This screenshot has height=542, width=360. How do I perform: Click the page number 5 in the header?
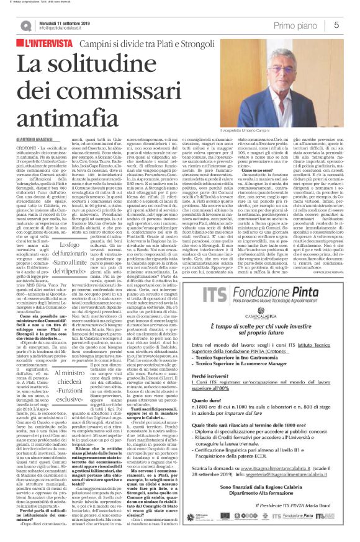(336, 24)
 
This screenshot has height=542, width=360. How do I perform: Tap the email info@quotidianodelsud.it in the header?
(61, 28)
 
